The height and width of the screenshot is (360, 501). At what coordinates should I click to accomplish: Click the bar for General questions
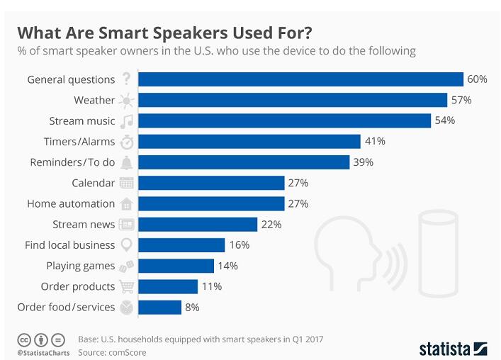tap(300, 79)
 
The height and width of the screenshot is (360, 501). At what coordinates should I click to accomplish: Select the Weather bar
tap(292, 100)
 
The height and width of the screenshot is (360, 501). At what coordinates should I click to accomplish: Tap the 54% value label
tap(444, 120)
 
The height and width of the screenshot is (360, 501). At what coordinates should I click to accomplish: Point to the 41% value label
tap(375, 141)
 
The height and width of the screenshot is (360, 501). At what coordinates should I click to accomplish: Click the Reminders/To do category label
tap(72, 162)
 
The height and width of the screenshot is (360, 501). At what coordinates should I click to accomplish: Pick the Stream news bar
tap(197, 224)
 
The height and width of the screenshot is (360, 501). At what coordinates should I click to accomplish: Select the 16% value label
tap(239, 245)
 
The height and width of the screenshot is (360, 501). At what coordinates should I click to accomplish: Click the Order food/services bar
tap(159, 308)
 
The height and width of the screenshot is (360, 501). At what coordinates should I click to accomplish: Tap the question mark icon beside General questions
tap(127, 79)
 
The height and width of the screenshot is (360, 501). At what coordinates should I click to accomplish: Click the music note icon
tap(127, 120)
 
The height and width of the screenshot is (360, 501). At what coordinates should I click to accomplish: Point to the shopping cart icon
tap(127, 286)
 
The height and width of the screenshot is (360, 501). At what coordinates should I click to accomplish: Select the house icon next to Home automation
tap(127, 204)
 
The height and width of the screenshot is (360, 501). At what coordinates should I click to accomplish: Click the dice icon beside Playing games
tap(127, 266)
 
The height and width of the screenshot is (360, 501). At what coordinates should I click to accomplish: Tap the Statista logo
tap(453, 348)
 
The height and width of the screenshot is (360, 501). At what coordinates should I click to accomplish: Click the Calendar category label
tap(93, 183)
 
